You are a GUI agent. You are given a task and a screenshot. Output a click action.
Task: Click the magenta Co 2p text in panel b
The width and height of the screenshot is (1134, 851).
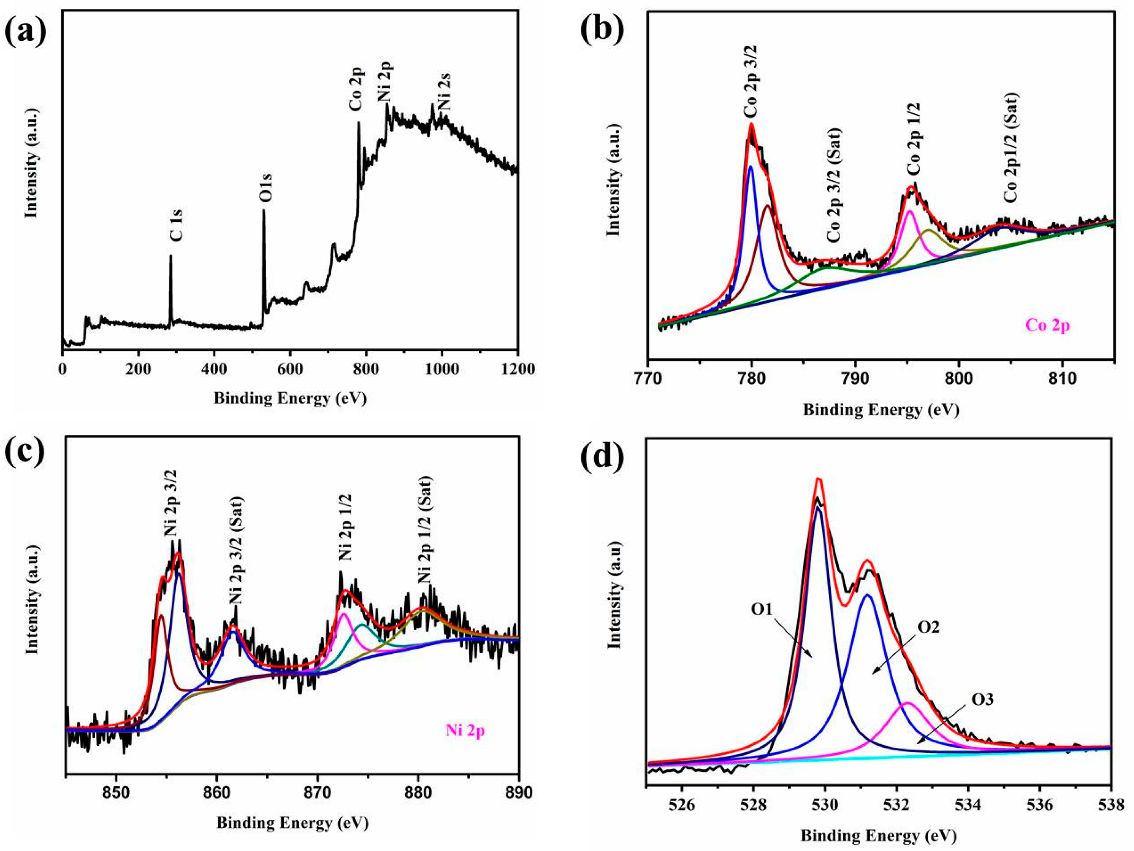tap(1047, 325)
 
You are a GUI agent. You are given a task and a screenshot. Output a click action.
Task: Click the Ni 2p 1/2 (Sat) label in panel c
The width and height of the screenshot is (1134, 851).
tap(425, 529)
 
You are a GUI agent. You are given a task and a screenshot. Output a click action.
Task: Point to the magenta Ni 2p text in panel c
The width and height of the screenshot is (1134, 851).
tap(465, 731)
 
